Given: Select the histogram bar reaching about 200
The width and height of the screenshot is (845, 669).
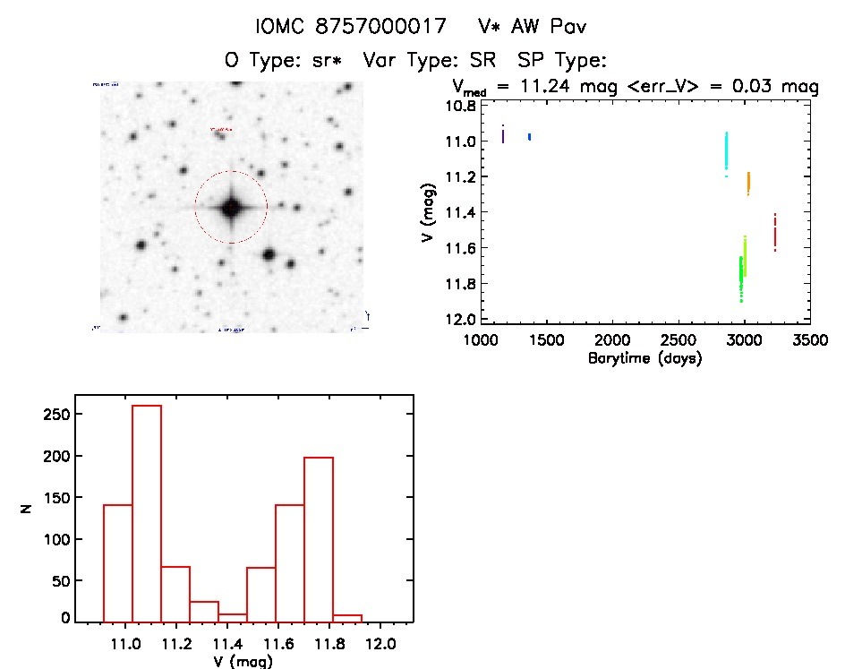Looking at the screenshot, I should click(x=319, y=538).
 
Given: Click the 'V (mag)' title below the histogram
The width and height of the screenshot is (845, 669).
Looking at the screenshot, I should click(x=243, y=662).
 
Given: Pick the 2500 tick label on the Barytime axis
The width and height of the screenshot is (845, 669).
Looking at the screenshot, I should click(x=679, y=341).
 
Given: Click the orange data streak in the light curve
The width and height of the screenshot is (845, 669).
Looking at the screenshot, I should click(x=747, y=183).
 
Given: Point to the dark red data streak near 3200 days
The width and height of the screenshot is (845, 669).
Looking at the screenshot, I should click(x=774, y=232).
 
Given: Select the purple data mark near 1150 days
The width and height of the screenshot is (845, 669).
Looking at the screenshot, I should click(x=503, y=134).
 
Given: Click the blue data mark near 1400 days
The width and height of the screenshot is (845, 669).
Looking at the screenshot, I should click(x=530, y=136).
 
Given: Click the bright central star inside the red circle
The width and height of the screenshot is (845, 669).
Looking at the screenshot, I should click(x=231, y=207).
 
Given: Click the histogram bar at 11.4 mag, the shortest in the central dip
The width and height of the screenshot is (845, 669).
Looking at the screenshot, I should click(x=233, y=616).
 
